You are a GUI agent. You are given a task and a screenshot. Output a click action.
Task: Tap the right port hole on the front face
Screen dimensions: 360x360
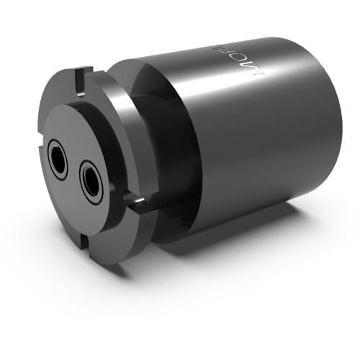(91, 180)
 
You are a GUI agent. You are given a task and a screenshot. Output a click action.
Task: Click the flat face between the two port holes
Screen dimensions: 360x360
(75, 171)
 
